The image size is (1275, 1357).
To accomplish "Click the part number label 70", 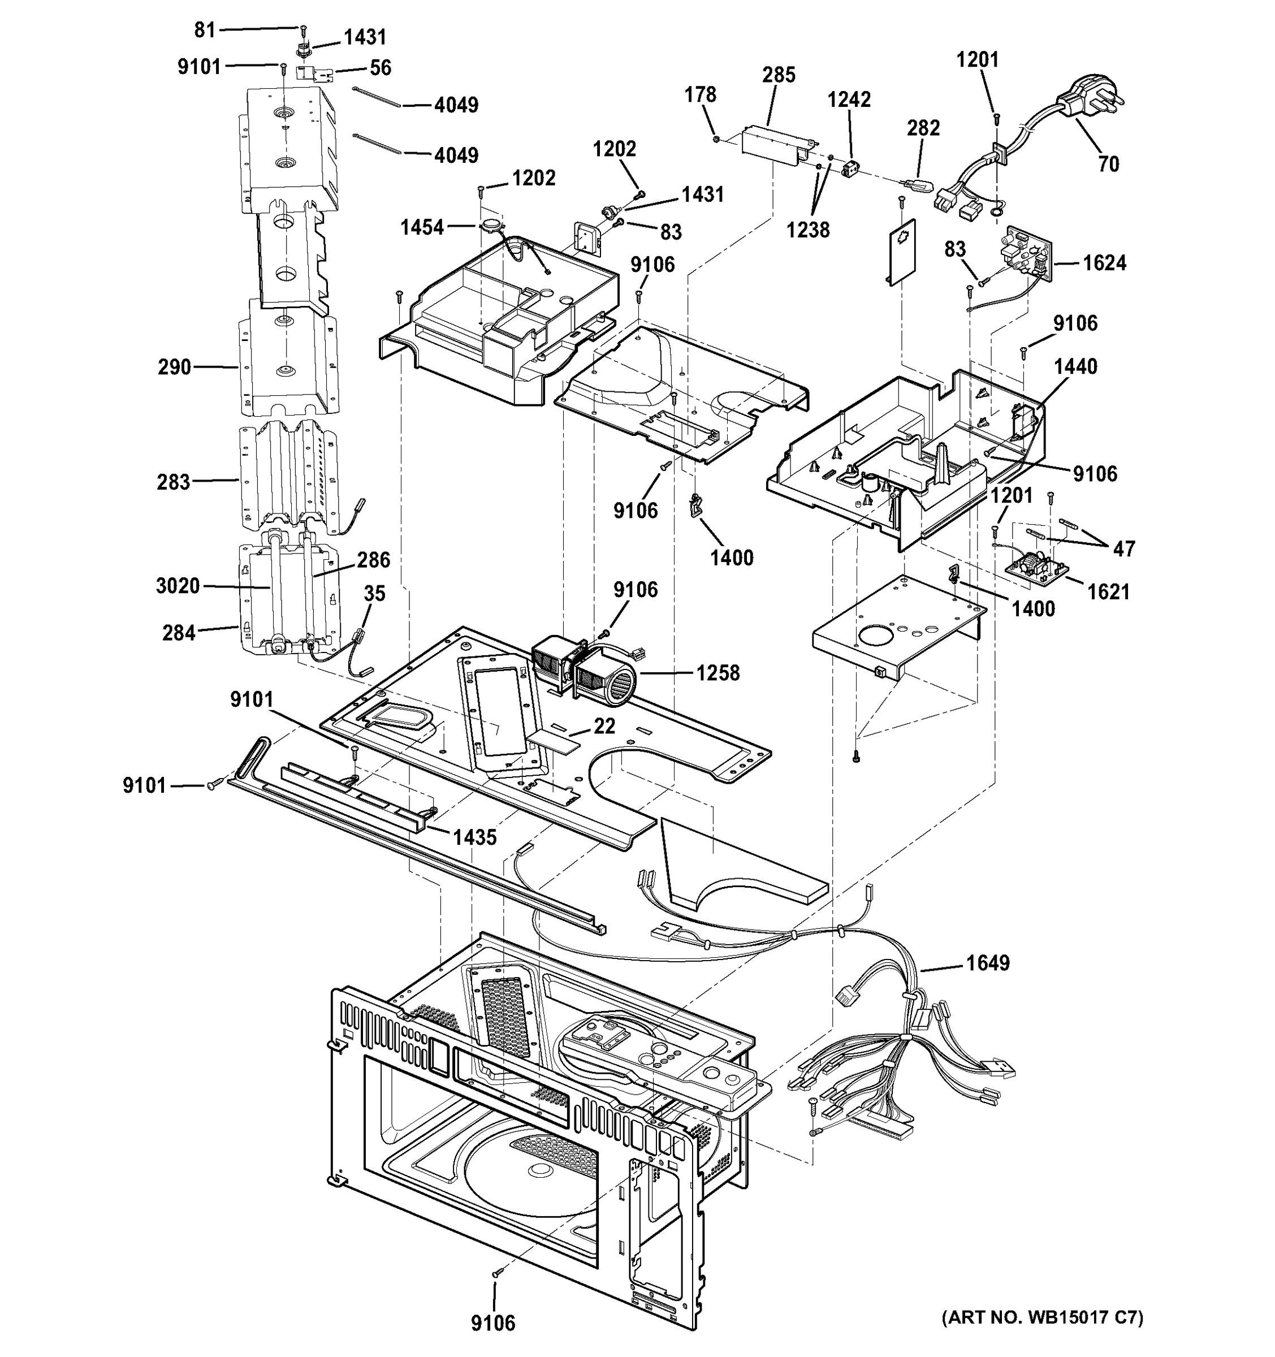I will coord(1108,164).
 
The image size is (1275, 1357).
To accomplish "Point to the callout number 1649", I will coord(988,962).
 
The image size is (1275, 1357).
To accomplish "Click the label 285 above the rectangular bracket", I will coord(779,75).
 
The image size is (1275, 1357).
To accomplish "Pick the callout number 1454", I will coord(422,227).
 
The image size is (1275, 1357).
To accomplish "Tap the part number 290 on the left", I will coord(174,367).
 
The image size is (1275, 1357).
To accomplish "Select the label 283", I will coord(174,482).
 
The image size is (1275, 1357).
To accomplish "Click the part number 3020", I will coord(178,586).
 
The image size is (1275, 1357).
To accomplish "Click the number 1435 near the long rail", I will coord(474,837).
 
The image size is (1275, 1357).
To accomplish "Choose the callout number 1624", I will coord(1104,263).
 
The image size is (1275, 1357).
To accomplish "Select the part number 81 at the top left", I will coord(205,30).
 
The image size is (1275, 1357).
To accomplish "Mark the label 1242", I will coord(849,100).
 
